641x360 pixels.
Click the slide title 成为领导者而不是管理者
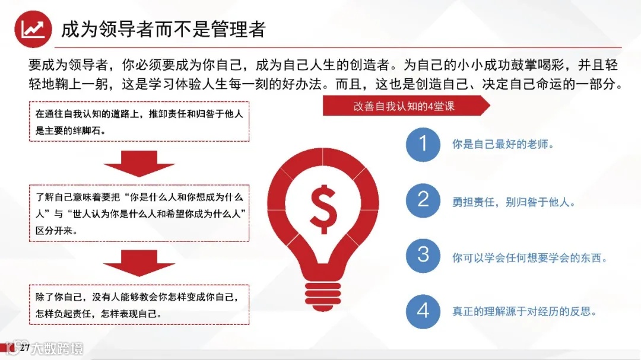(x=163, y=29)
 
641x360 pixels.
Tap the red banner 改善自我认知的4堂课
(x=404, y=106)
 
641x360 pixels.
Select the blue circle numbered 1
(x=423, y=144)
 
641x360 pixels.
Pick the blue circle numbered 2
(x=423, y=199)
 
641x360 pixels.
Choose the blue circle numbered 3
(x=423, y=255)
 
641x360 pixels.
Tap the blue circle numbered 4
(x=423, y=310)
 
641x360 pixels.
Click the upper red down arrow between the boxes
(x=139, y=163)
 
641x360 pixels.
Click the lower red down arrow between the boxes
(x=139, y=263)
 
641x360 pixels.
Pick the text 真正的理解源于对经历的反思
(x=524, y=311)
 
